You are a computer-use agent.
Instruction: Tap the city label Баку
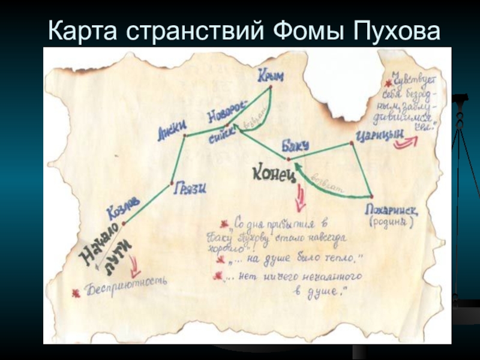294,146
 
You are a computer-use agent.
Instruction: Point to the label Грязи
190,188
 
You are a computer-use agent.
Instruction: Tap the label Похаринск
391,211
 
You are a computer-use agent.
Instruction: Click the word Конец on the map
274,173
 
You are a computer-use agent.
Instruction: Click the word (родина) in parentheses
390,223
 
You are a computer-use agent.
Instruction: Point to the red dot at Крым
271,88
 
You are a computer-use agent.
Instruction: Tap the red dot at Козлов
124,224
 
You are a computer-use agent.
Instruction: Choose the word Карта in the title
82,29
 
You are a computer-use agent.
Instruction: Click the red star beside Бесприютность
76,293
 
